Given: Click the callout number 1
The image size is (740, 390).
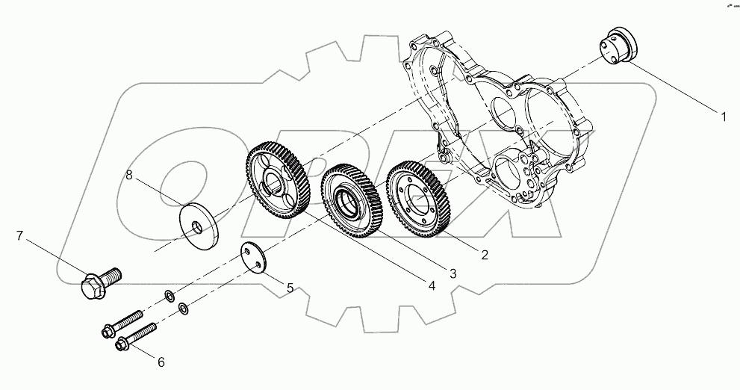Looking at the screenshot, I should click(x=723, y=117).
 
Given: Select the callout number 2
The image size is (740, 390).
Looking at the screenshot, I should click(x=485, y=256).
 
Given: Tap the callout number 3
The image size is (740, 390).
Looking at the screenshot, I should click(x=453, y=273).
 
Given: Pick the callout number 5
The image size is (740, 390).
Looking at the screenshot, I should click(x=290, y=286).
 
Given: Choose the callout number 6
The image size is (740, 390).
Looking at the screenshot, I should click(x=159, y=362).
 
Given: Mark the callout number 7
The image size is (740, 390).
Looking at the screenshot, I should click(x=20, y=237).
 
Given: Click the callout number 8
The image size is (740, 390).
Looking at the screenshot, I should click(x=128, y=176).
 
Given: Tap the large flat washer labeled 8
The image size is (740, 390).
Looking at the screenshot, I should click(x=197, y=223).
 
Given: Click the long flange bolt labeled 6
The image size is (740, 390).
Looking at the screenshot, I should click(x=136, y=337).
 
